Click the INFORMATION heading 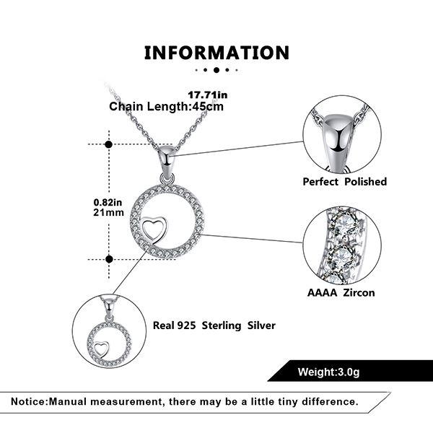click(216, 53)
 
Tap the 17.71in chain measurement click(208, 95)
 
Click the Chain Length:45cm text click(166, 107)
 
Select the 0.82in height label click(108, 202)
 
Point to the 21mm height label click(108, 212)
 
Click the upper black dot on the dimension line click(109, 144)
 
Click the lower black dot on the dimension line click(110, 259)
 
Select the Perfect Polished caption click(345, 182)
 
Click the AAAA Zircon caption click(341, 293)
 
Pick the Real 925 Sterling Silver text click(214, 325)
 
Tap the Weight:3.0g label click(328, 372)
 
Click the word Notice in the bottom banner click(29, 401)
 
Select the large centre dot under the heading click(216, 70)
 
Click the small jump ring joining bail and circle click(167, 179)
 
